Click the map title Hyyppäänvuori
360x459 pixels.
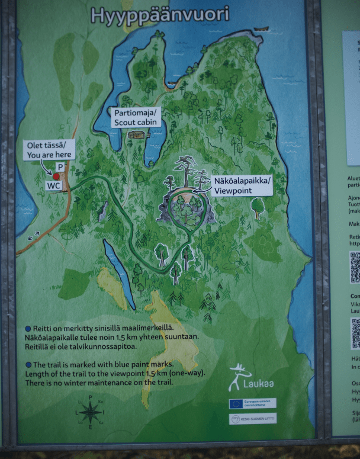point(160,15)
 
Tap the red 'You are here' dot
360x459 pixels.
point(56,176)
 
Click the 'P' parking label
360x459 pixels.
point(60,167)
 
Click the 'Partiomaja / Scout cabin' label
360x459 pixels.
point(136,117)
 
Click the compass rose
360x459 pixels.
point(90,412)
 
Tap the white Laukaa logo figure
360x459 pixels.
point(239,376)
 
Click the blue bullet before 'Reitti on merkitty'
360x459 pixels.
point(28,328)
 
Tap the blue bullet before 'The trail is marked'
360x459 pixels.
point(28,364)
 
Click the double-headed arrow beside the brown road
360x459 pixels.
point(33,235)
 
